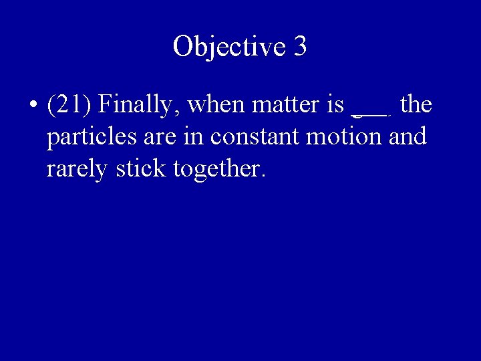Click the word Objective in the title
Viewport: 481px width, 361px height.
pyautogui.click(x=228, y=46)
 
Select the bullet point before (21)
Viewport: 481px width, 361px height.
pyautogui.click(x=33, y=106)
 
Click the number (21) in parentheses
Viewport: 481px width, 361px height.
pyautogui.click(x=70, y=105)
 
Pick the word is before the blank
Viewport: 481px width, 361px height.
pyautogui.click(x=336, y=105)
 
